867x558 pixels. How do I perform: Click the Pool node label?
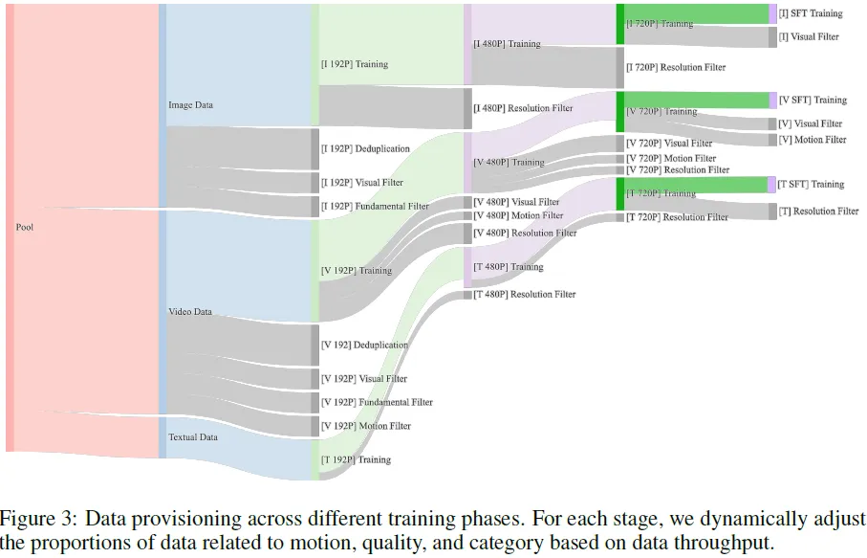pos(25,227)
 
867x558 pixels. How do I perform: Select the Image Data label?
pos(190,105)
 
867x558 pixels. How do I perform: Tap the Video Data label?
pos(190,312)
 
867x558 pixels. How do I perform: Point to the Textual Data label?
pos(193,437)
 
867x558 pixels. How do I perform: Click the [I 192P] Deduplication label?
pos(365,149)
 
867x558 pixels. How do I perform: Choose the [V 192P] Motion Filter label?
pos(366,426)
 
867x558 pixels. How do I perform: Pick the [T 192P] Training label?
pos(356,460)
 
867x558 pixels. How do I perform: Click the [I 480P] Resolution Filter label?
pos(523,108)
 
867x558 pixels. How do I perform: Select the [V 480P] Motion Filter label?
pos(518,216)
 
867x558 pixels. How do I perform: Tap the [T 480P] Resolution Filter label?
pos(525,295)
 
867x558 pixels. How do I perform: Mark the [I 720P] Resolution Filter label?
pos(675,68)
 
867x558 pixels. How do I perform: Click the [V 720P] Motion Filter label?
pos(671,159)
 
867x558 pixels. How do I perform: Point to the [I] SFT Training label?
pos(811,13)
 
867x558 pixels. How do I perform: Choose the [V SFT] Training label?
pos(813,100)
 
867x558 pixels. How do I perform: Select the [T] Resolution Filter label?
pos(818,212)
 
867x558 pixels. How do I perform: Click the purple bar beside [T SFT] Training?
pos(771,185)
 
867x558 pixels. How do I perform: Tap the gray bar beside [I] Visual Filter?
pos(771,37)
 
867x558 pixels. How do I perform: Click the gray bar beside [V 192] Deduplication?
pos(314,345)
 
